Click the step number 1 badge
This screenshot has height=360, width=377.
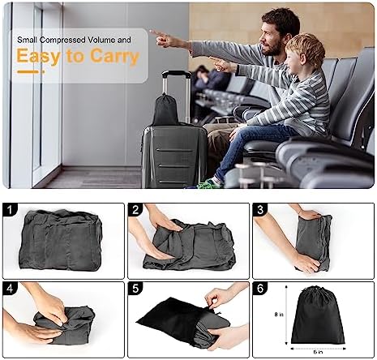[10, 209]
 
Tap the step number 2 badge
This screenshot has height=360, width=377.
[135, 209]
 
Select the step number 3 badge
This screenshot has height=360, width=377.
[260, 209]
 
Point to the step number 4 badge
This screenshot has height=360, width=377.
[10, 288]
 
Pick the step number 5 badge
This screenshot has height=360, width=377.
[135, 288]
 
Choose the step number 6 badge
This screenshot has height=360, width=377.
[260, 288]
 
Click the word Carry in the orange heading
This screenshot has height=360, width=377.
[114, 57]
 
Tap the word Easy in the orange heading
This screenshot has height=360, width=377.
[38, 57]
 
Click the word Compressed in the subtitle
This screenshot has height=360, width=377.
[63, 40]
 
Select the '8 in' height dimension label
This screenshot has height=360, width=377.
[278, 315]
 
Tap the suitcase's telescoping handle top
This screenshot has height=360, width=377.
[176, 73]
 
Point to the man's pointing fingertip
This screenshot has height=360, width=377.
[150, 32]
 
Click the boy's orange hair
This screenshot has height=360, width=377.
[306, 48]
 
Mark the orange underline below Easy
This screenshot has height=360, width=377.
[31, 72]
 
